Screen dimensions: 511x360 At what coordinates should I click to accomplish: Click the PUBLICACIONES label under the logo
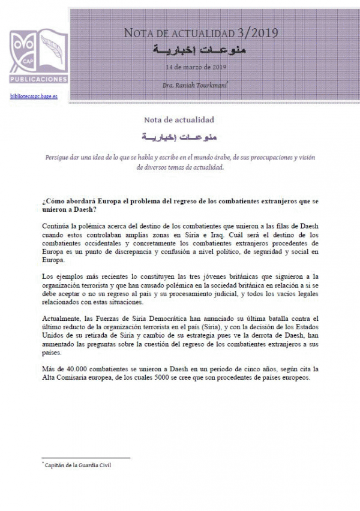38,79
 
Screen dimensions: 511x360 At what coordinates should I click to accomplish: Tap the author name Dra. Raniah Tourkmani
195,86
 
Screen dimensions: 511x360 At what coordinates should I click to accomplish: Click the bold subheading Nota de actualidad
179,119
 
